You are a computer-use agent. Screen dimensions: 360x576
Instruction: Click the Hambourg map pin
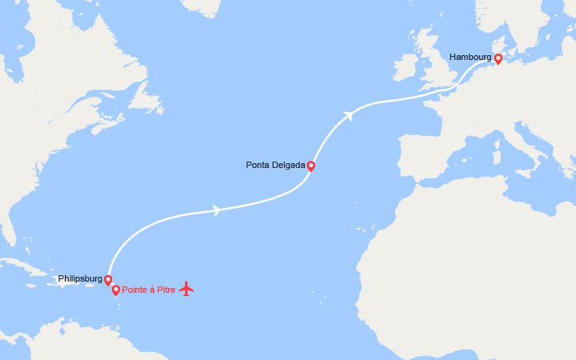498,58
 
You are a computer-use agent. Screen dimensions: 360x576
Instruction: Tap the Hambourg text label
470,58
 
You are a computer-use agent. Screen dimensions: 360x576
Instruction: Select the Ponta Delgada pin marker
310,166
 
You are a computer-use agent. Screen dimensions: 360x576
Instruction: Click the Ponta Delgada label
275,166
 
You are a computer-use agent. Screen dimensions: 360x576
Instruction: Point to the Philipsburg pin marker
108,279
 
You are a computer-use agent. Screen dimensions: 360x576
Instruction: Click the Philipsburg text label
80,279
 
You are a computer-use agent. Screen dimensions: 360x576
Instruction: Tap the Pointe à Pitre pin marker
116,289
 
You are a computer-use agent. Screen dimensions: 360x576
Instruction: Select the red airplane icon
186,288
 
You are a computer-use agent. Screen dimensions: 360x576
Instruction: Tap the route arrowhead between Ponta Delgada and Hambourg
348,116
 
